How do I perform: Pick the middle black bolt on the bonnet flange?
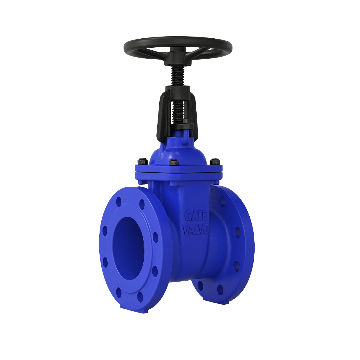pyautogui.click(x=173, y=163)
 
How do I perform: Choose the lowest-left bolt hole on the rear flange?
pyautogui.click(x=200, y=286)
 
